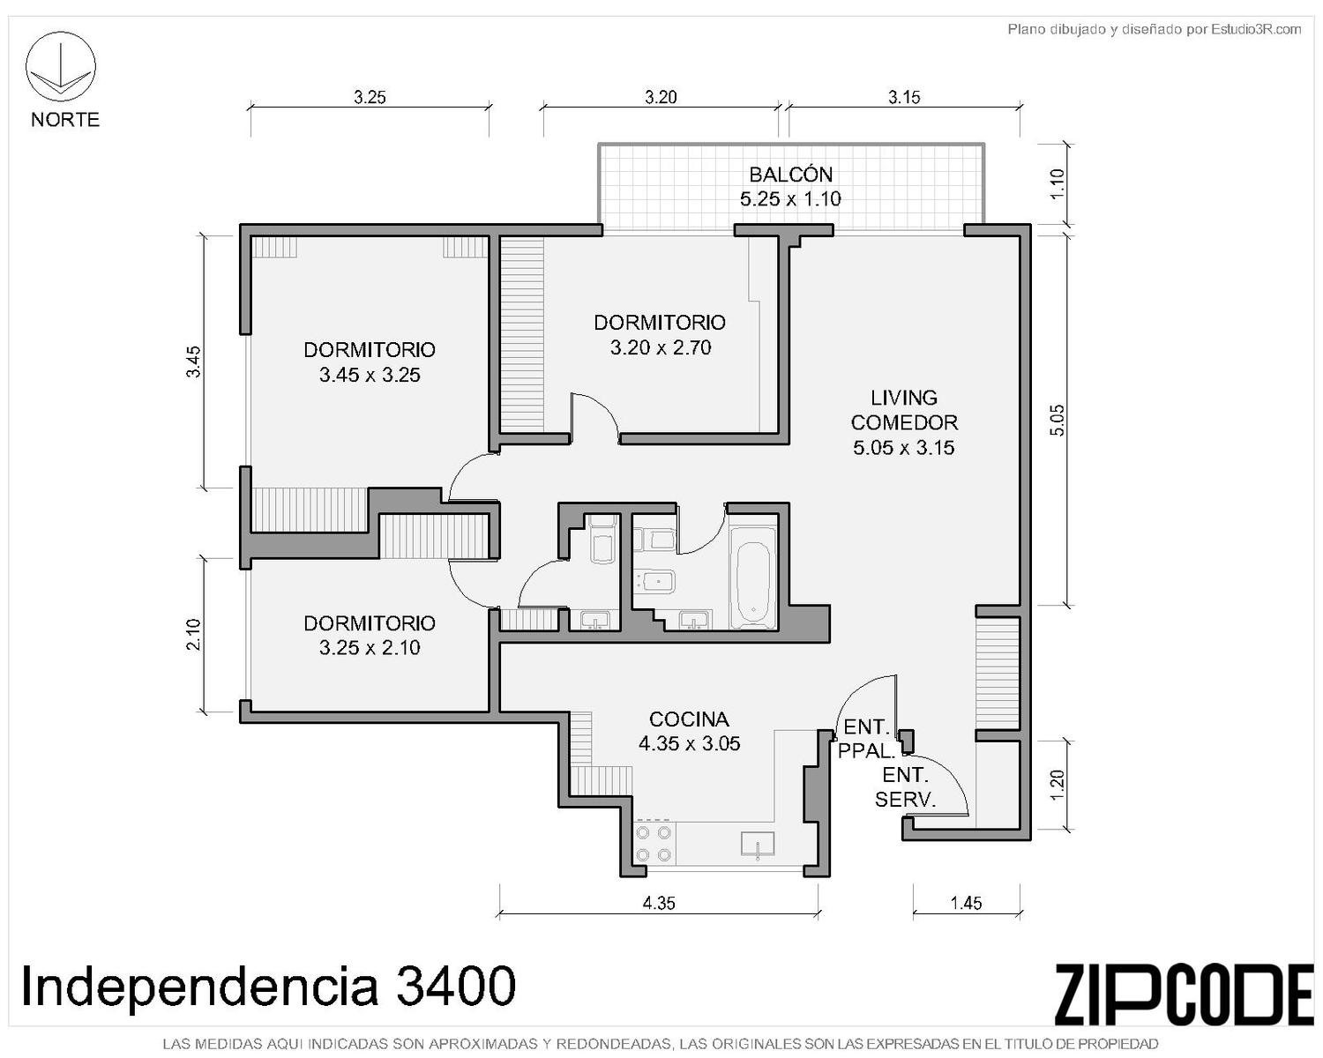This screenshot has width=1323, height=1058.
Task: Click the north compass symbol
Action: [x=60, y=66]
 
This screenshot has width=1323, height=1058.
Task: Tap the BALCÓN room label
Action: [x=790, y=175]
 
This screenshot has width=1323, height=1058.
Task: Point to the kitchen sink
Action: [x=758, y=846]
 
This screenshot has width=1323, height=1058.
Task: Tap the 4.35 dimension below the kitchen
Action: [x=659, y=903]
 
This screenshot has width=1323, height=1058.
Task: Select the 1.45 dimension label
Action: [x=966, y=903]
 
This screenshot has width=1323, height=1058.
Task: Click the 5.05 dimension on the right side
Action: [x=1056, y=420]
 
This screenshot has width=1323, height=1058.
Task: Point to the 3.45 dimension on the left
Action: [x=193, y=362]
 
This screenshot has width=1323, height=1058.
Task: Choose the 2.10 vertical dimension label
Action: [x=193, y=635]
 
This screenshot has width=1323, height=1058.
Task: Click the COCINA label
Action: [x=689, y=719]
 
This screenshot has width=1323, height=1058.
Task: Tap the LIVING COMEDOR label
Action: [x=904, y=410]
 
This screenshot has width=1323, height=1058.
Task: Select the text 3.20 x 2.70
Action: [x=661, y=348]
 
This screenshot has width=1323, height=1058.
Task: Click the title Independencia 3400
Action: [x=268, y=986]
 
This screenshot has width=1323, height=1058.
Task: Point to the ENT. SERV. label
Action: [x=905, y=786]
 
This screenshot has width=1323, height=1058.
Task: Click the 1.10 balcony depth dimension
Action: [x=1056, y=183]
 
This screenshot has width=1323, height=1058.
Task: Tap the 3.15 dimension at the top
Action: [x=904, y=97]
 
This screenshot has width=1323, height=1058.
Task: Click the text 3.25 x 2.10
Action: [x=370, y=647]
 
